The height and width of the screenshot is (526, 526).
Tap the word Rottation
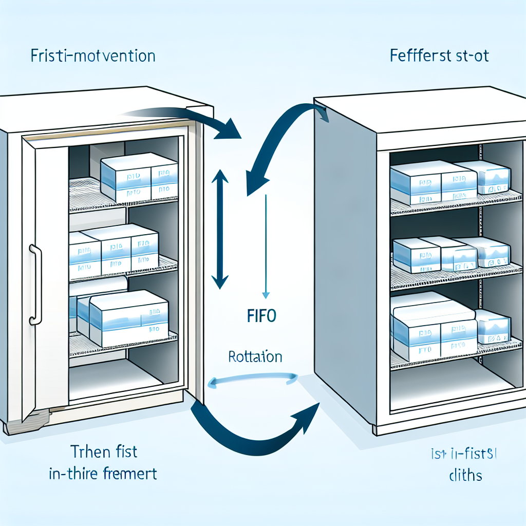tap(255, 356)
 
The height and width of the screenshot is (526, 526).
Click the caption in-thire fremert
tap(103, 473)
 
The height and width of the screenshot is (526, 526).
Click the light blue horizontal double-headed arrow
tap(253, 380)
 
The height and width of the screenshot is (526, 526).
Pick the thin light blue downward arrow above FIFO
tap(266, 247)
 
